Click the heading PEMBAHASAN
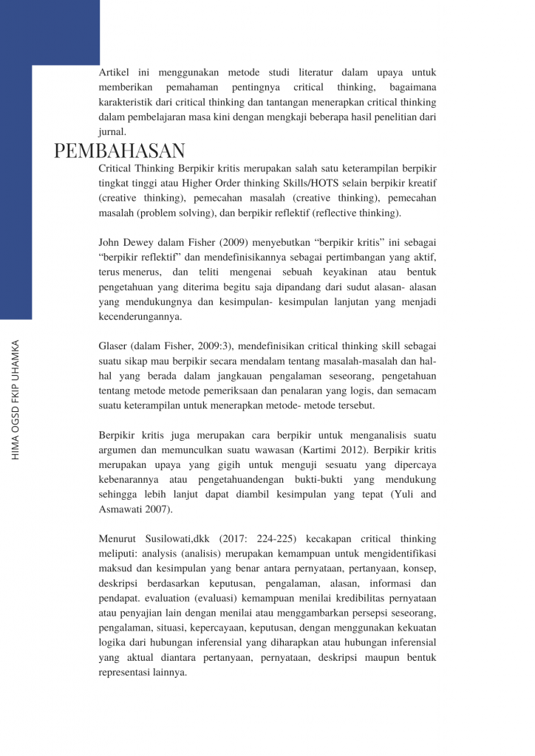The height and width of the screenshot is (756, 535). pos(120,151)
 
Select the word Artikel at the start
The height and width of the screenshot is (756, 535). pos(114,72)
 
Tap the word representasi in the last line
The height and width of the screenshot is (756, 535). pos(127,673)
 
